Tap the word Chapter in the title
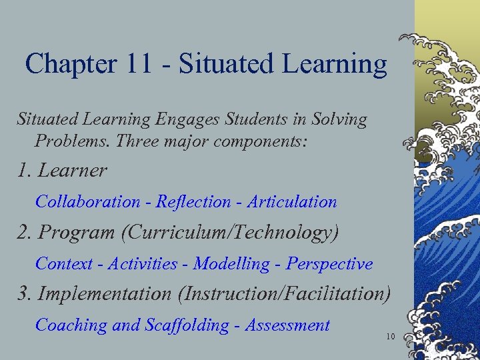[x=70, y=64]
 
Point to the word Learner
[x=73, y=171]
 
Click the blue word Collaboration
[x=88, y=201]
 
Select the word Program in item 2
[x=76, y=233]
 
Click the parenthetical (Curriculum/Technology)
[x=227, y=233]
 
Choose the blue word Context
[x=64, y=264]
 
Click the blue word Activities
[x=143, y=264]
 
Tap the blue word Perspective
[x=329, y=264]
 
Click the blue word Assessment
[x=287, y=325]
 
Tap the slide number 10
[x=391, y=337]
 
